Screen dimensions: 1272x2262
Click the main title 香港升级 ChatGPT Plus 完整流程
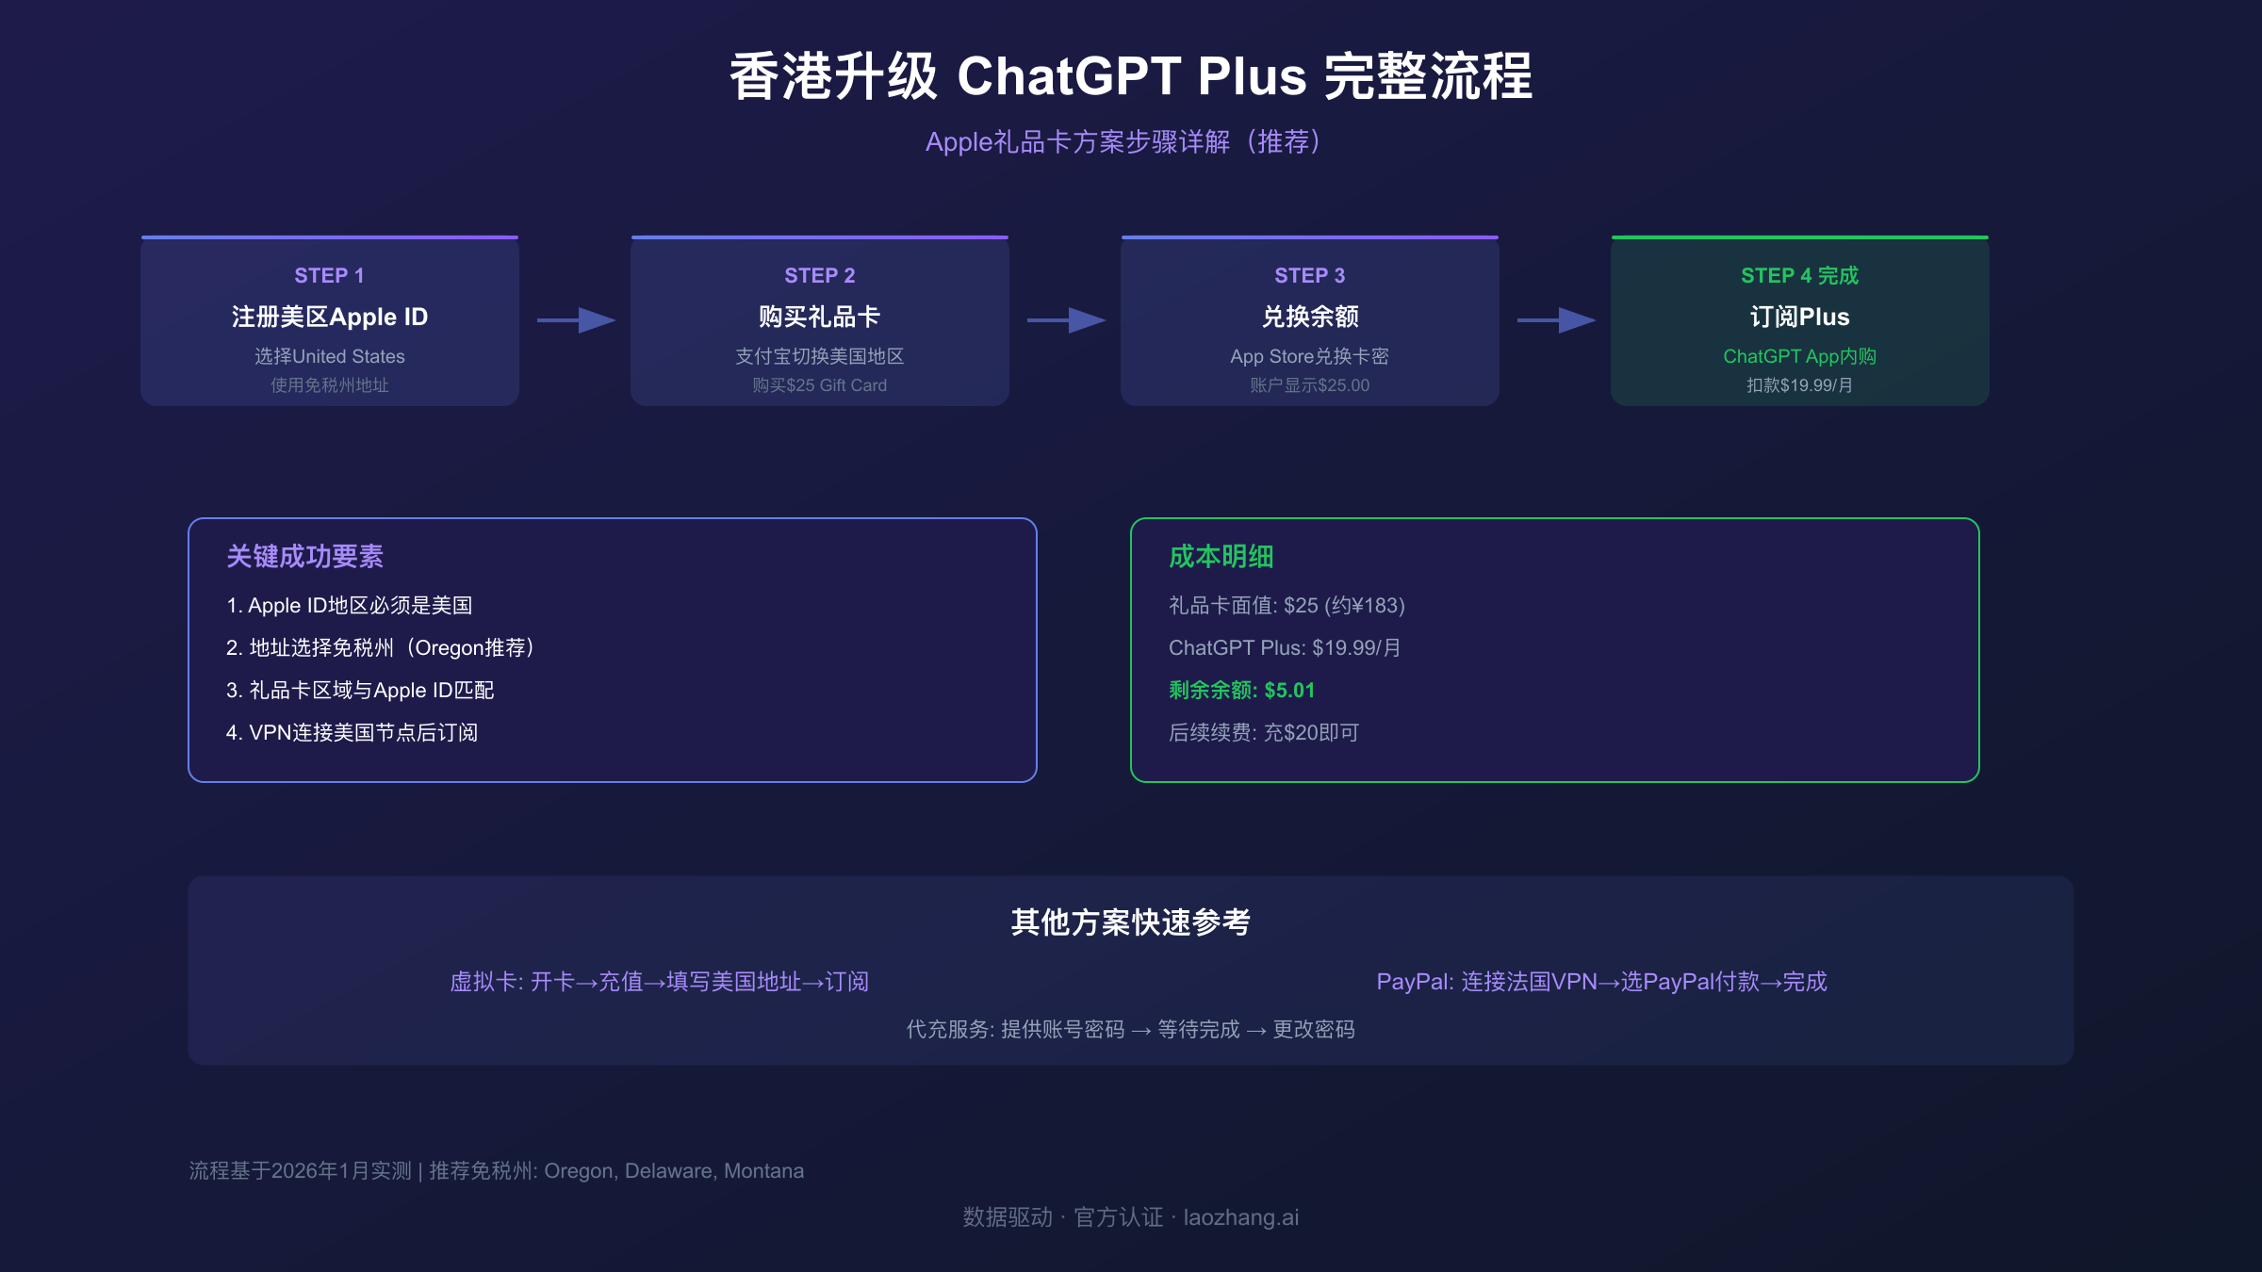[1130, 76]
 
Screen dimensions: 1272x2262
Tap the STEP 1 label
[329, 276]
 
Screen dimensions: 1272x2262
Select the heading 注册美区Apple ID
[329, 318]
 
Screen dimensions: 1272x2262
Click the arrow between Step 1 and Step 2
[576, 320]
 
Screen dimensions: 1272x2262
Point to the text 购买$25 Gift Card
[819, 385]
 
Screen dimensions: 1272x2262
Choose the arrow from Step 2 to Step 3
[1066, 320]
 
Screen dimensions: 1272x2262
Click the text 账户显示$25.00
[1309, 385]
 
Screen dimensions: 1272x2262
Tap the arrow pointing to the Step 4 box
[1556, 320]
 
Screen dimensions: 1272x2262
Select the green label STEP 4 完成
[1799, 276]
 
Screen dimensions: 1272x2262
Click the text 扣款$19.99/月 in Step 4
[1799, 385]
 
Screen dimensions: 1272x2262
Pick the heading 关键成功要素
[304, 557]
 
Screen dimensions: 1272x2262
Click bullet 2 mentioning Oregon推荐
[381, 648]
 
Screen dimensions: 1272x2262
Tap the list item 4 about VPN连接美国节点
[352, 733]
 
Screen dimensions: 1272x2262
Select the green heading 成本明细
[1221, 557]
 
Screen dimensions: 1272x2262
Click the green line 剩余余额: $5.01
[1241, 691]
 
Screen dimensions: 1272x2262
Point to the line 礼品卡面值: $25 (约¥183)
[1287, 606]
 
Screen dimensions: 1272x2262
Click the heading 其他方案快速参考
[1130, 922]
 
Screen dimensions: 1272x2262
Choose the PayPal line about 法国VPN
[1601, 982]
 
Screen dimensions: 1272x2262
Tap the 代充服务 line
[1130, 1030]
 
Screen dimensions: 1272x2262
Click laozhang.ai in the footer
[1240, 1218]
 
